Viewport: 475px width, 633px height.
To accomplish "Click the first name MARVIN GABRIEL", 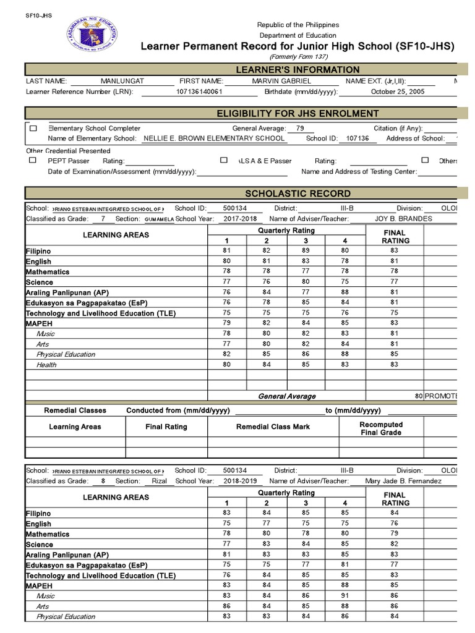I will point(281,81).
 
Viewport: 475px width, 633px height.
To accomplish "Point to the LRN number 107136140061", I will point(199,91).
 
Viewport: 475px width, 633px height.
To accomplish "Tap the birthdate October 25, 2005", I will point(398,91).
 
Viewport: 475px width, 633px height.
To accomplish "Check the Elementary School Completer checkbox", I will point(33,129).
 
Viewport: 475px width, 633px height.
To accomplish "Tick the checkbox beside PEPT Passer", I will point(33,160).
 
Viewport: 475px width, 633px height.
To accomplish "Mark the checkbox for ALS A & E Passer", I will point(224,160).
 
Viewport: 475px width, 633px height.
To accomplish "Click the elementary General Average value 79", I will point(300,128).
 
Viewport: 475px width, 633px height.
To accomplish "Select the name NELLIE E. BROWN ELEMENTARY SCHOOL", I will point(214,138).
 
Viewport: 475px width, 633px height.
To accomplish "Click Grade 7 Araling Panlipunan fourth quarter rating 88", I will point(344,292).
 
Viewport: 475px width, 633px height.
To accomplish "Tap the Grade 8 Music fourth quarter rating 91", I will point(344,595).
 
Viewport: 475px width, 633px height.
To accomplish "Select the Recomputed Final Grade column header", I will point(381,428).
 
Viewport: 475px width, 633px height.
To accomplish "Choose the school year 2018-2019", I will point(241,480).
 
